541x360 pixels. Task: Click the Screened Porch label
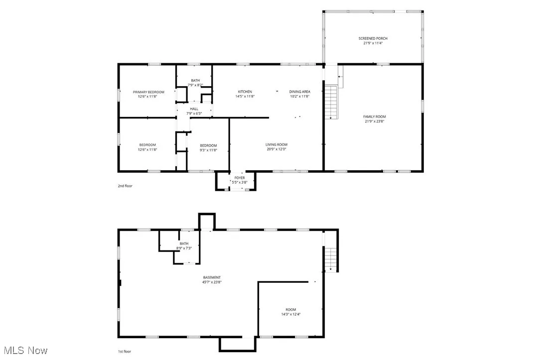[x=373, y=38]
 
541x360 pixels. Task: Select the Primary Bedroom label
[x=148, y=92]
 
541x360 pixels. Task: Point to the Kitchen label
[x=245, y=92]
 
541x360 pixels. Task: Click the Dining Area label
[x=299, y=92]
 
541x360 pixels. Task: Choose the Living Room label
[x=276, y=144]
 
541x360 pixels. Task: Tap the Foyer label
[x=240, y=178]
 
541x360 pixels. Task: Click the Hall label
[x=194, y=109]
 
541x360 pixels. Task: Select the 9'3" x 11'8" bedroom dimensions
[x=208, y=149]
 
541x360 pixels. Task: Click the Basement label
[x=212, y=277]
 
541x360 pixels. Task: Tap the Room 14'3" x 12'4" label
[x=290, y=311]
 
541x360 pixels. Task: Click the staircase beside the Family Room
[x=331, y=102]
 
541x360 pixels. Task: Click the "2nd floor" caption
[x=125, y=186]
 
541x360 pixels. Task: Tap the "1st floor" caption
[x=125, y=352]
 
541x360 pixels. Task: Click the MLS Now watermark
[x=24, y=351]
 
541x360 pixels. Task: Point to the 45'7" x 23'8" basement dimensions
[x=212, y=282]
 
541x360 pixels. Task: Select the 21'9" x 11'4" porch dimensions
[x=373, y=43]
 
